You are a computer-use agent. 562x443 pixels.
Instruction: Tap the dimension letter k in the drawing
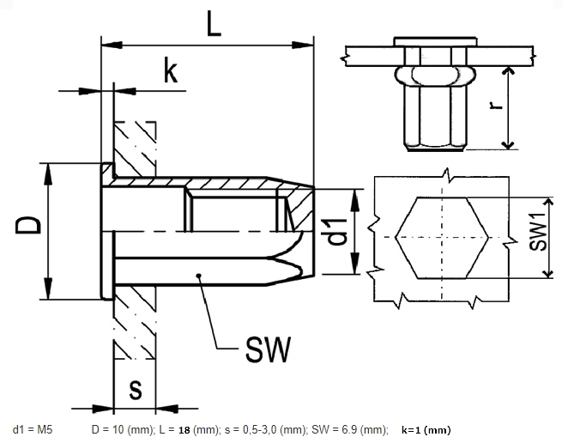tap(171, 73)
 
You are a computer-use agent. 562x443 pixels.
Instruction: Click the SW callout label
tap(268, 349)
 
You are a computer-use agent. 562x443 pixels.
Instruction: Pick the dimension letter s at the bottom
tap(135, 388)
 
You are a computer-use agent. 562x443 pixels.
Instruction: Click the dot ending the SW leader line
tap(198, 276)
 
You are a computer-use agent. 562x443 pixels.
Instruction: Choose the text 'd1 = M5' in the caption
tap(33, 428)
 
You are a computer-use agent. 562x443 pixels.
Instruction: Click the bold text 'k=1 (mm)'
tap(426, 428)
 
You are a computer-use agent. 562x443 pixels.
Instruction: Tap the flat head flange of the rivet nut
tap(106, 230)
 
